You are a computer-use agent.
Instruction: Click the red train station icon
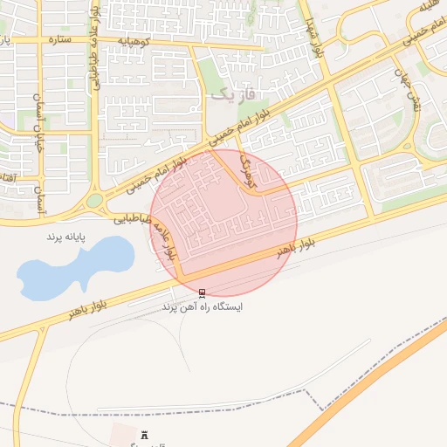point(203,293)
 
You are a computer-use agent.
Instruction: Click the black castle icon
point(144,434)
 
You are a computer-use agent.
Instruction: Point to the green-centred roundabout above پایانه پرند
point(93,201)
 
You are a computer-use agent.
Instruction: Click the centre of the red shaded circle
point(223,223)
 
